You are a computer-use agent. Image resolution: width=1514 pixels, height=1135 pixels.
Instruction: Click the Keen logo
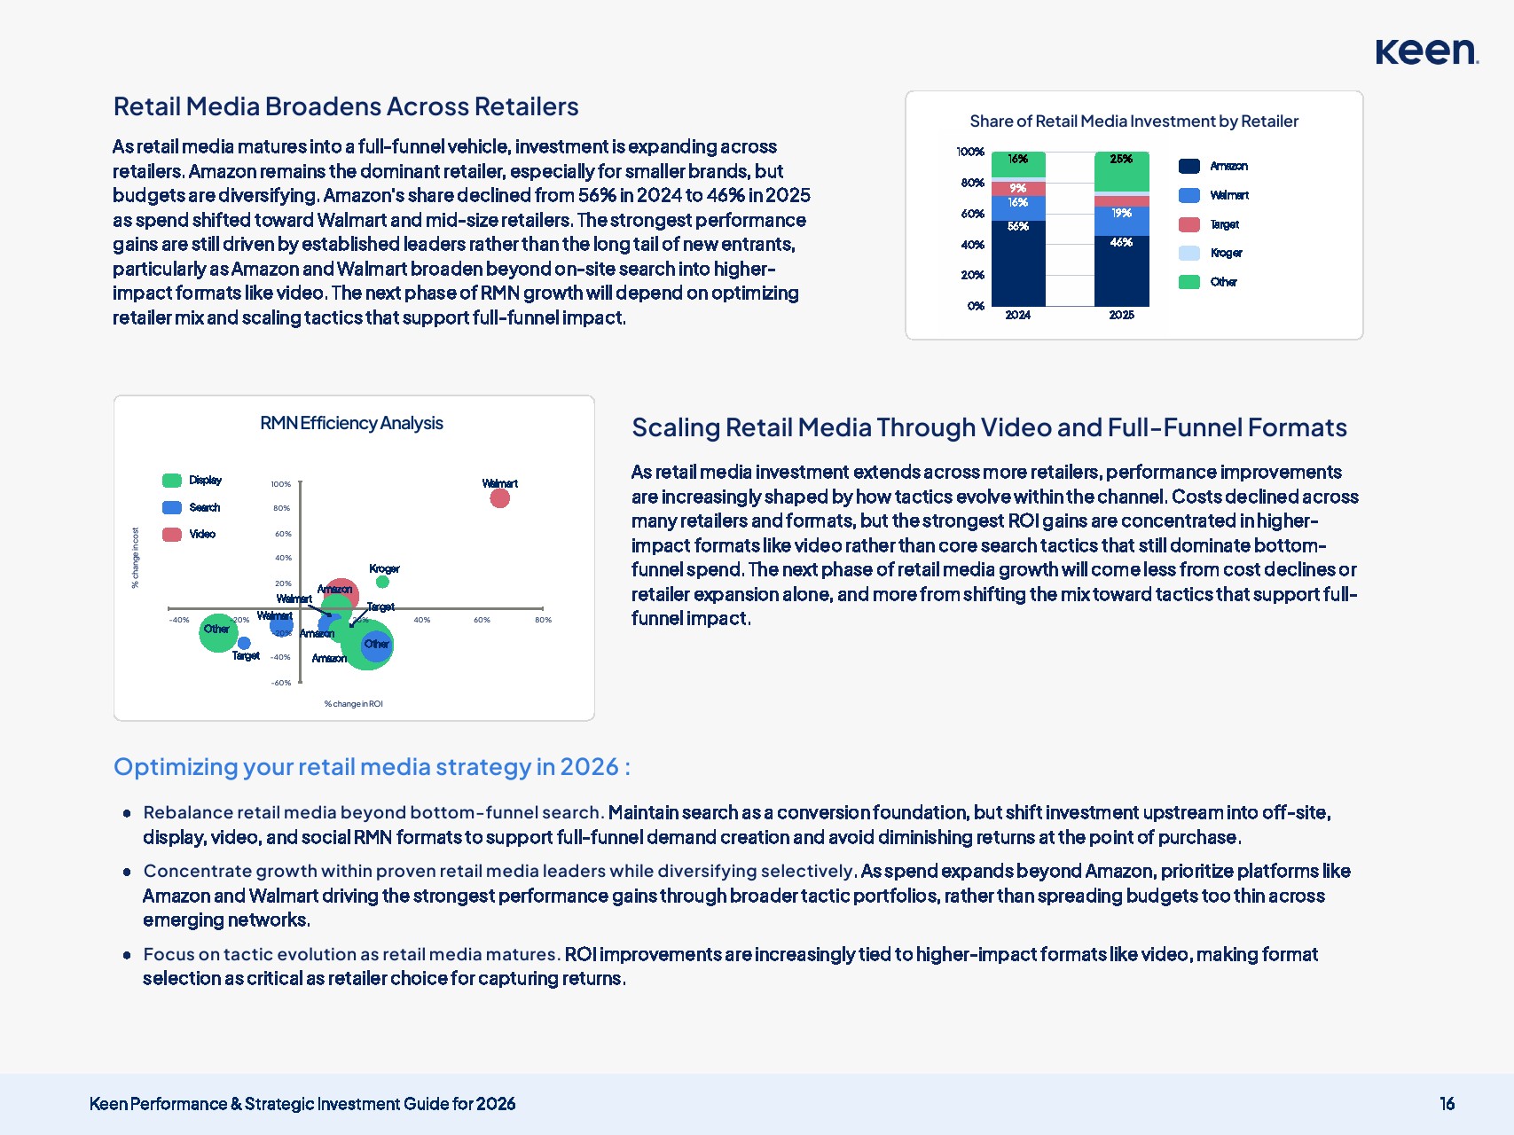pos(1426,51)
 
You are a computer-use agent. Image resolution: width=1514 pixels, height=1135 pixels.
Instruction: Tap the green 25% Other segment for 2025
pos(1121,172)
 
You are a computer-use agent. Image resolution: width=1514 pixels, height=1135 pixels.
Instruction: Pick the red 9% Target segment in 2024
pos(1018,189)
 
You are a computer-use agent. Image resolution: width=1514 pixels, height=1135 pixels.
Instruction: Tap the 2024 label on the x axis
pos(1017,315)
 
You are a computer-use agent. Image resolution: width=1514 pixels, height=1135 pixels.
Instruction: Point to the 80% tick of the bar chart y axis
pos(972,183)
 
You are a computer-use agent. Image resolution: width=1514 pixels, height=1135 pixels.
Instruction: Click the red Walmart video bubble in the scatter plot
pos(500,498)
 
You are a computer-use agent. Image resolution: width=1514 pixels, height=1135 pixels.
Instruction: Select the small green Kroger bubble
pos(382,583)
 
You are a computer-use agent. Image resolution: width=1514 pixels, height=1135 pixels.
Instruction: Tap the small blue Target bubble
pos(244,643)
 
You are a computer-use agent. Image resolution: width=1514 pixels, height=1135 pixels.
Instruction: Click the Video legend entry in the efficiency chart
pos(190,534)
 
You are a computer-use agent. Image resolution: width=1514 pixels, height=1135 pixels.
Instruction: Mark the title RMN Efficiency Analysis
pos(351,423)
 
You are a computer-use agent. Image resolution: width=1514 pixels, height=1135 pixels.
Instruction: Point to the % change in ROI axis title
pos(353,704)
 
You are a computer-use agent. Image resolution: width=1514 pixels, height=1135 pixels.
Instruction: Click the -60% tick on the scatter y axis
pos(281,683)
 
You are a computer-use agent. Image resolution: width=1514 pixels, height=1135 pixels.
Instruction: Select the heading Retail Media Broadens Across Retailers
pos(346,106)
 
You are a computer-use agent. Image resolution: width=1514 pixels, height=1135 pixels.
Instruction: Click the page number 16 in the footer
pos(1447,1104)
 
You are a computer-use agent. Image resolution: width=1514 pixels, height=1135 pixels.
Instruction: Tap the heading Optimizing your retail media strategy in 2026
pos(372,767)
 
